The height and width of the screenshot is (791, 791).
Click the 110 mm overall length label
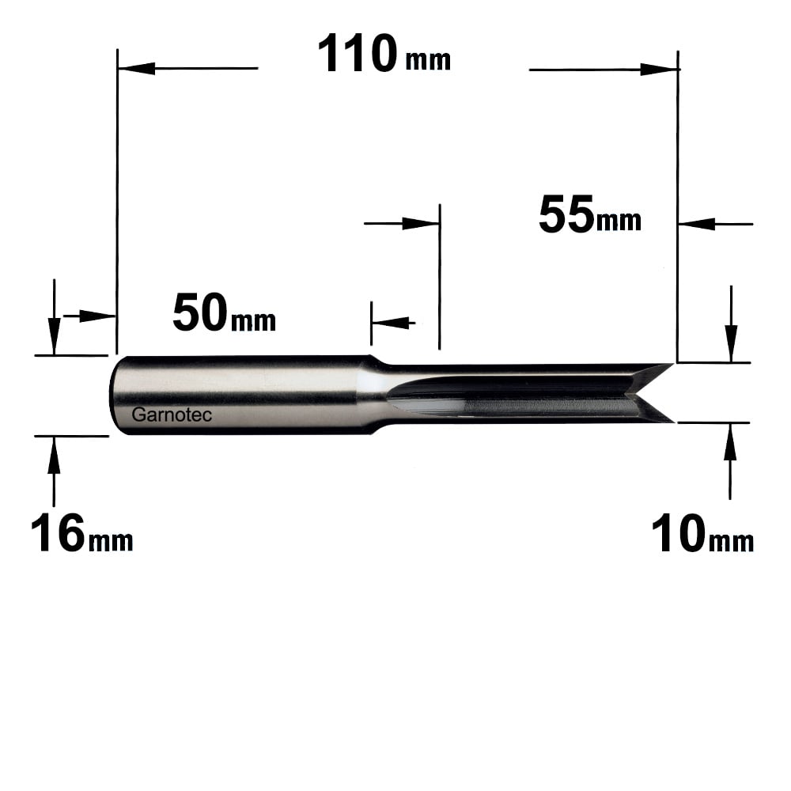point(384,54)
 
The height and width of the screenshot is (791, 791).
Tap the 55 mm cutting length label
point(590,215)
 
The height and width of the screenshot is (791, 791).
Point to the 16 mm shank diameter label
point(81,533)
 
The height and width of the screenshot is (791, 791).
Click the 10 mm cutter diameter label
point(702,534)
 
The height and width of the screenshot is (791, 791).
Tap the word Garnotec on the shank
point(172,414)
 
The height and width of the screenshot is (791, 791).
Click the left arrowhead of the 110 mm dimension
point(136,68)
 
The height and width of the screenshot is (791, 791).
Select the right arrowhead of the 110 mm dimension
point(659,70)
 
